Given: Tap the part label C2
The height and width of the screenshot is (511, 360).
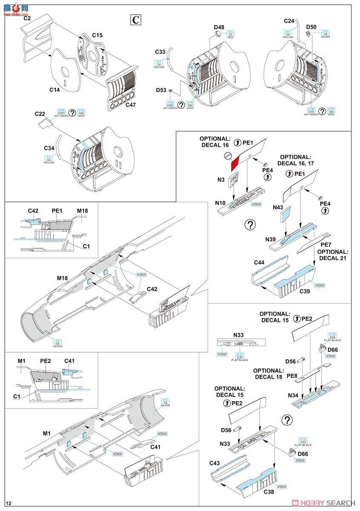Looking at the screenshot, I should pyautogui.click(x=27, y=18).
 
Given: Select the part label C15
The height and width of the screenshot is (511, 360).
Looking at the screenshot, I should pyautogui.click(x=97, y=35).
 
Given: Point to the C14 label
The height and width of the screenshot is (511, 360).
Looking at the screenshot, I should pyautogui.click(x=54, y=90).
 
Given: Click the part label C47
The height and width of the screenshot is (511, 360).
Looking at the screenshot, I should pyautogui.click(x=131, y=104).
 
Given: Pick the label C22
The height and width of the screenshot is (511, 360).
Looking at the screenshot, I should pyautogui.click(x=40, y=114).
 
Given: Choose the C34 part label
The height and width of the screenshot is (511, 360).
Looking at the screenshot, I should pyautogui.click(x=50, y=148).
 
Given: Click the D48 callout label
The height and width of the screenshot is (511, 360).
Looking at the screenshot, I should pyautogui.click(x=219, y=28).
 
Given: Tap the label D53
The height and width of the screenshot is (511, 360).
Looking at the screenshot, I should pyautogui.click(x=161, y=90).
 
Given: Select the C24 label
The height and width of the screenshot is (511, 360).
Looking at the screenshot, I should pyautogui.click(x=289, y=21).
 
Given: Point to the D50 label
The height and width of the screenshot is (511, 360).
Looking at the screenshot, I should pyautogui.click(x=311, y=28).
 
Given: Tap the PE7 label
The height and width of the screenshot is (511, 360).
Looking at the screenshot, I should pyautogui.click(x=326, y=244).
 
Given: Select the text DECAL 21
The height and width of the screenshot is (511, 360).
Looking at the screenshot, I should pyautogui.click(x=333, y=259).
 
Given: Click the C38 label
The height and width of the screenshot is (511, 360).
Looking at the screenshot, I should pyautogui.click(x=269, y=492).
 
